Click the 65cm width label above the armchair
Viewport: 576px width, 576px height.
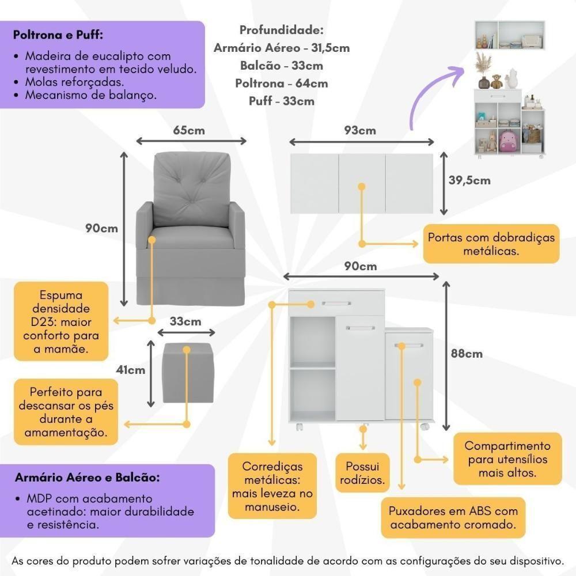(x=189, y=130)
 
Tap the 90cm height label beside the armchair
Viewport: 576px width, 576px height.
(x=101, y=228)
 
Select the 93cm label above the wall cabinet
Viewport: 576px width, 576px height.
(x=360, y=130)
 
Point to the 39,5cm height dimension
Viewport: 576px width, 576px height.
(x=469, y=180)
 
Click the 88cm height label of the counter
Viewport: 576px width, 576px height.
(x=465, y=354)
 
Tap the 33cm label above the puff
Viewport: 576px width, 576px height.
(x=185, y=321)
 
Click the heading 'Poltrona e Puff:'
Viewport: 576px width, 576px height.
(x=58, y=35)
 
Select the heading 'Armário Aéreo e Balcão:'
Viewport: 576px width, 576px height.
(x=88, y=478)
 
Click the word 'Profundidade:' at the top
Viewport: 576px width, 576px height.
(x=281, y=29)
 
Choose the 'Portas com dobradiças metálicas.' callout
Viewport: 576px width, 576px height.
(x=491, y=244)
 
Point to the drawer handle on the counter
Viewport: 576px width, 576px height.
(x=336, y=304)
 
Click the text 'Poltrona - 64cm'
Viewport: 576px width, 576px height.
(x=281, y=83)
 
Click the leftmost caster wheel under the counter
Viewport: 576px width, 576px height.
(x=300, y=427)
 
